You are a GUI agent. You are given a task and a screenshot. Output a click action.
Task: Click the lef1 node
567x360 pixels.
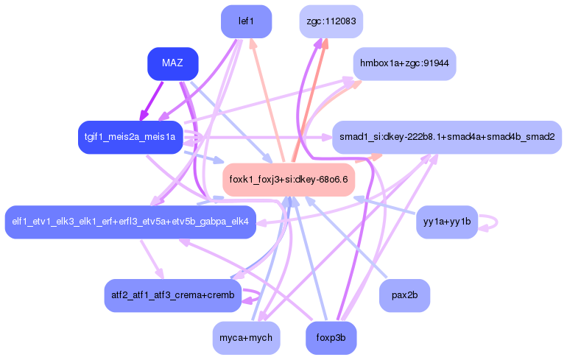246,21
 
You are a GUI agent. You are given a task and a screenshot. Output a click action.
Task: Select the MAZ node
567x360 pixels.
172,64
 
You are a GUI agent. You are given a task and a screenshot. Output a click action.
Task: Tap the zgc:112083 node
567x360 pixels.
328,21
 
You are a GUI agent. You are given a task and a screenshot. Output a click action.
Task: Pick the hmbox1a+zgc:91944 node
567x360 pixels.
404,64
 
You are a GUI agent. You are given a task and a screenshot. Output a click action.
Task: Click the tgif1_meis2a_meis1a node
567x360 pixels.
130,137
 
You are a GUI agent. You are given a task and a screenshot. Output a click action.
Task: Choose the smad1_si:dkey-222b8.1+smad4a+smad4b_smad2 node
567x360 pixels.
447,137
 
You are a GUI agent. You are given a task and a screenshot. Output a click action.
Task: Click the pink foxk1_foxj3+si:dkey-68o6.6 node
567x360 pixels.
289,179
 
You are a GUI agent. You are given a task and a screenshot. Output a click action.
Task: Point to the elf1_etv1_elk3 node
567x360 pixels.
130,222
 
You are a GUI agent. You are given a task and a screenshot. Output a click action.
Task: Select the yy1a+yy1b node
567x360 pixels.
447,222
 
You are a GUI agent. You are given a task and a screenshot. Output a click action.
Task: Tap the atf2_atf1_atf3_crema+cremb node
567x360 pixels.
172,295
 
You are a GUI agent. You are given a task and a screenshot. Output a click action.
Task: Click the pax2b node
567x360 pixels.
404,295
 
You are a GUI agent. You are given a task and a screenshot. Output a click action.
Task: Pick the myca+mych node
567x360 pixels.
246,338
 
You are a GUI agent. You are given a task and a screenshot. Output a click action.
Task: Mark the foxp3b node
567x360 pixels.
331,338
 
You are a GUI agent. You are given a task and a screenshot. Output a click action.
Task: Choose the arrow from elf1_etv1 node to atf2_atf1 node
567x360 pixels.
150,257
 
